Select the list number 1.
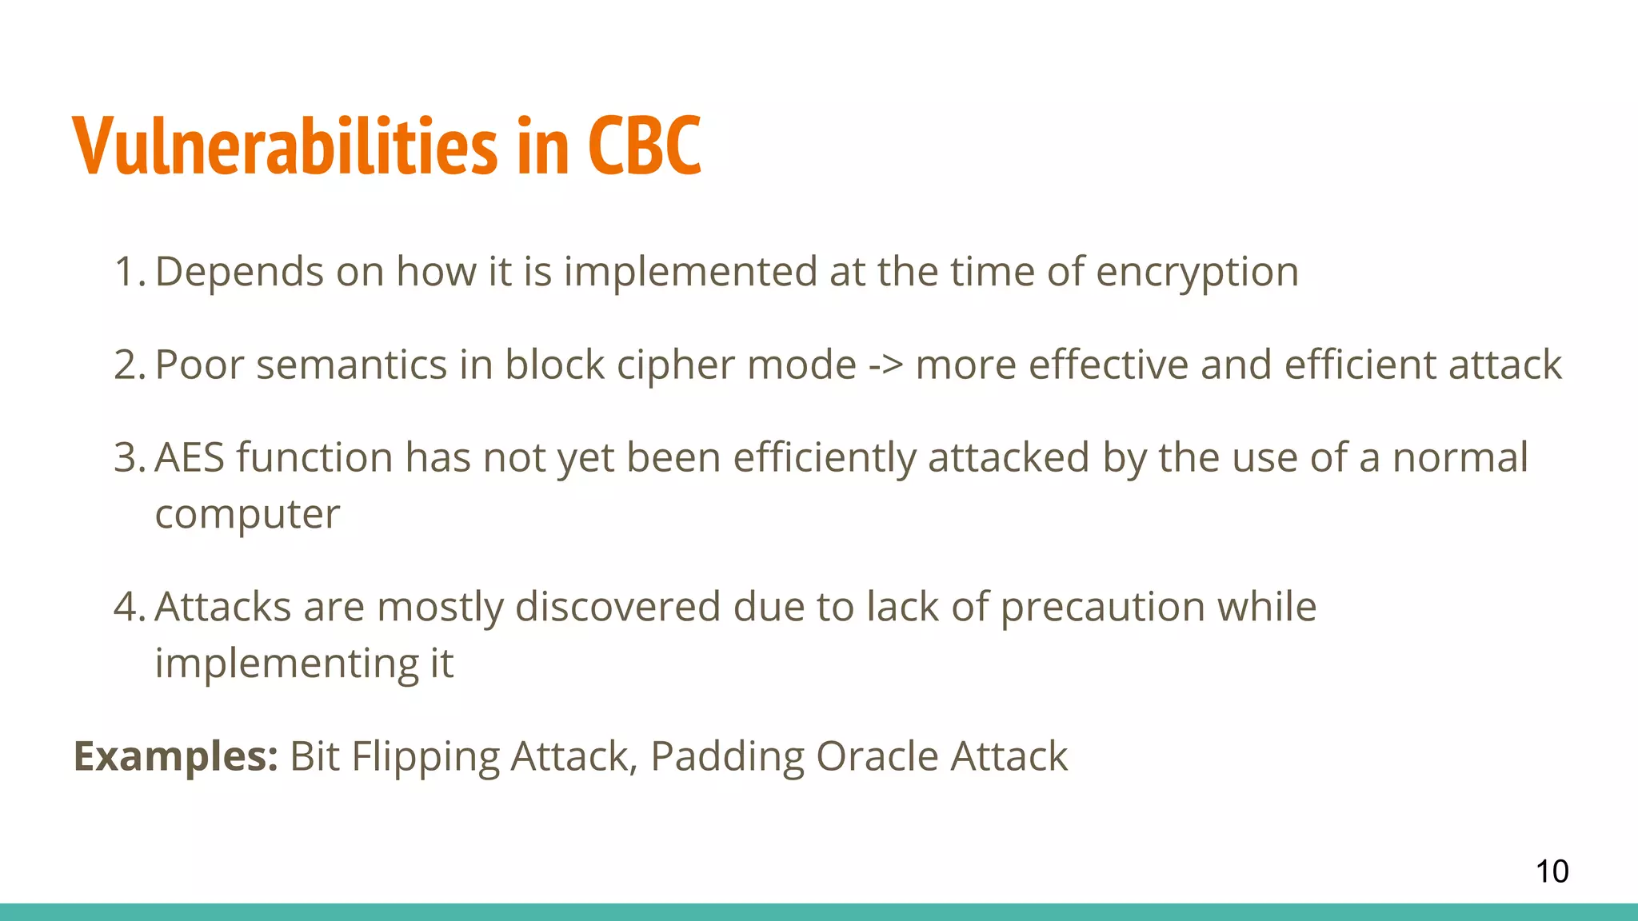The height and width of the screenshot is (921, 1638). coord(128,272)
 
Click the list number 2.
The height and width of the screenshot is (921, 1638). coord(128,365)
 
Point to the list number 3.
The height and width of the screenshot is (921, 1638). coord(128,458)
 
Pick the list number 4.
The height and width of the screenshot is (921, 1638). coord(128,607)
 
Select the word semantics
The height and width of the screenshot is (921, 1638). coord(351,365)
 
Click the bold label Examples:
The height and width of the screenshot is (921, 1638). coord(175,757)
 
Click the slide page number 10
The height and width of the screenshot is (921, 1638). coord(1552,871)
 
